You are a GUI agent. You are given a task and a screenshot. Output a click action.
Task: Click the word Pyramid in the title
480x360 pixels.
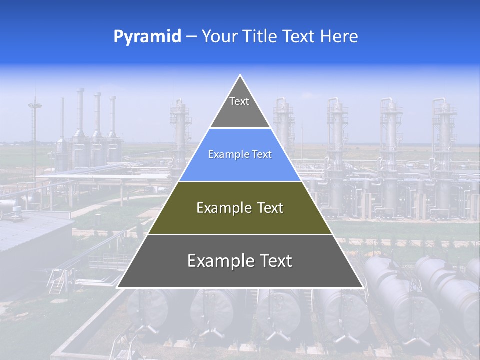point(147,37)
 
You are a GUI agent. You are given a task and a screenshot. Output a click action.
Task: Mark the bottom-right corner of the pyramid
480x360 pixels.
point(362,287)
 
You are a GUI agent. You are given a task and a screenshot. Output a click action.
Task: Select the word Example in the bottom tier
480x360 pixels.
point(218,261)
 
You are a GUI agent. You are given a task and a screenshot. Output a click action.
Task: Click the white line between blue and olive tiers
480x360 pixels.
point(240,181)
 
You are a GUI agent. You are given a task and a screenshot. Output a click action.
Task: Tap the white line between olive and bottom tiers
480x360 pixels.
point(240,234)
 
